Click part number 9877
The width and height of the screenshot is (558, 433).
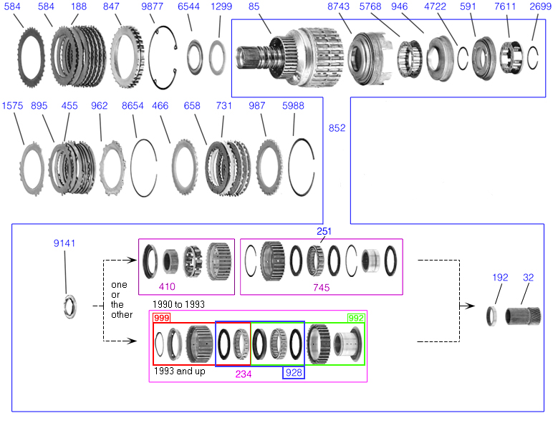[152, 6]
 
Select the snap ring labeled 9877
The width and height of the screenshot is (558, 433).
[150, 57]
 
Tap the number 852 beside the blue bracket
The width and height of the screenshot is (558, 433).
[337, 128]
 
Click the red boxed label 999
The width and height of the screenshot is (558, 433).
[162, 318]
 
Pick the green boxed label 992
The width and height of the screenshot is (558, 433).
[356, 318]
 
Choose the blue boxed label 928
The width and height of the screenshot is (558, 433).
[294, 373]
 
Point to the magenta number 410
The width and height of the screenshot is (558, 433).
[167, 286]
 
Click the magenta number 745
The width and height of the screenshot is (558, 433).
[321, 287]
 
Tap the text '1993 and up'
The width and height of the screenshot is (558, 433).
[180, 371]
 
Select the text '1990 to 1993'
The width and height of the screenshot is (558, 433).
[178, 304]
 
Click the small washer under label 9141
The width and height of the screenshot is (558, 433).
[69, 306]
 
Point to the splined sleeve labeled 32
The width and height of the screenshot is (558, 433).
[523, 316]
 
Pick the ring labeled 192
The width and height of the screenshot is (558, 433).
[491, 316]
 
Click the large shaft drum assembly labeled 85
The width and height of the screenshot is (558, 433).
[290, 58]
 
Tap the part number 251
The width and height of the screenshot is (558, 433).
[324, 231]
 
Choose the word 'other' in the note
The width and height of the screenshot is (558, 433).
[122, 315]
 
